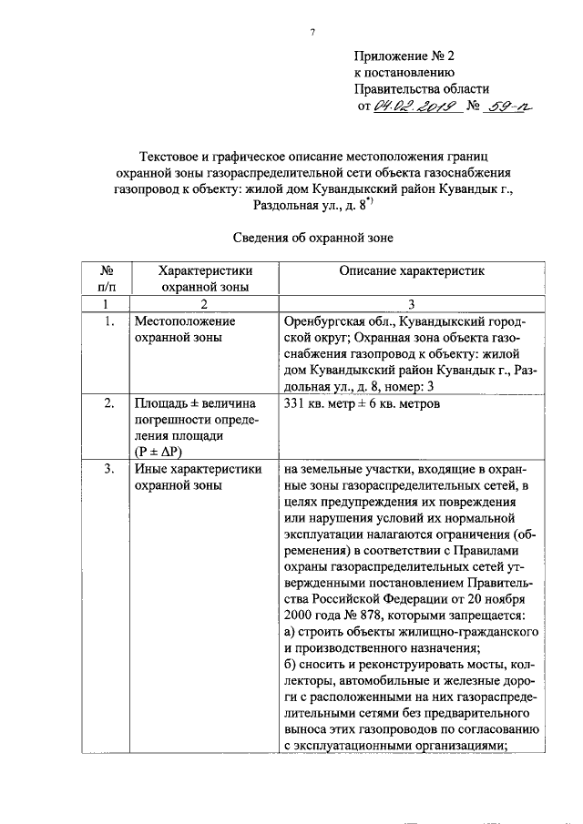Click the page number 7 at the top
tap(312, 34)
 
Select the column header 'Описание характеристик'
tap(413, 270)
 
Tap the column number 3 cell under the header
tap(413, 303)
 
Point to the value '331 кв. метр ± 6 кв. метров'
tap(363, 402)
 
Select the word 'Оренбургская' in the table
tap(328, 321)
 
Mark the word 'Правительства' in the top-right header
tap(397, 89)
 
